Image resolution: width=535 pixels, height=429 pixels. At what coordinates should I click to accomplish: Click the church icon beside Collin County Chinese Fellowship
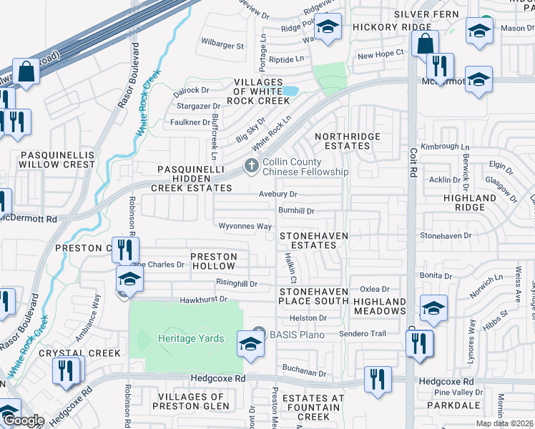coord(250,166)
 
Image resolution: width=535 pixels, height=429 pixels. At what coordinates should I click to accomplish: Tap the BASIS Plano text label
coord(297,335)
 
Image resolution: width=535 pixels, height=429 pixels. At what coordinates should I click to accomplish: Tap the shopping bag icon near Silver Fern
coord(425,42)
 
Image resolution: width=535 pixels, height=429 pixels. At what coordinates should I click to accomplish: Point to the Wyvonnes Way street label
coord(245,227)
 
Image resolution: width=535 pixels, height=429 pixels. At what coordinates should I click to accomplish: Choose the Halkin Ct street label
coord(291,265)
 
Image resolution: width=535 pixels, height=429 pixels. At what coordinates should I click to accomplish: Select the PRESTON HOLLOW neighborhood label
coord(212,261)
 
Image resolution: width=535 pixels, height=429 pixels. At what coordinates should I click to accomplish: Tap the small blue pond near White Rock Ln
coord(290,91)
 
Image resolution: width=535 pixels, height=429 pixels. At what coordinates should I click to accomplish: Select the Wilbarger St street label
coord(222,44)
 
